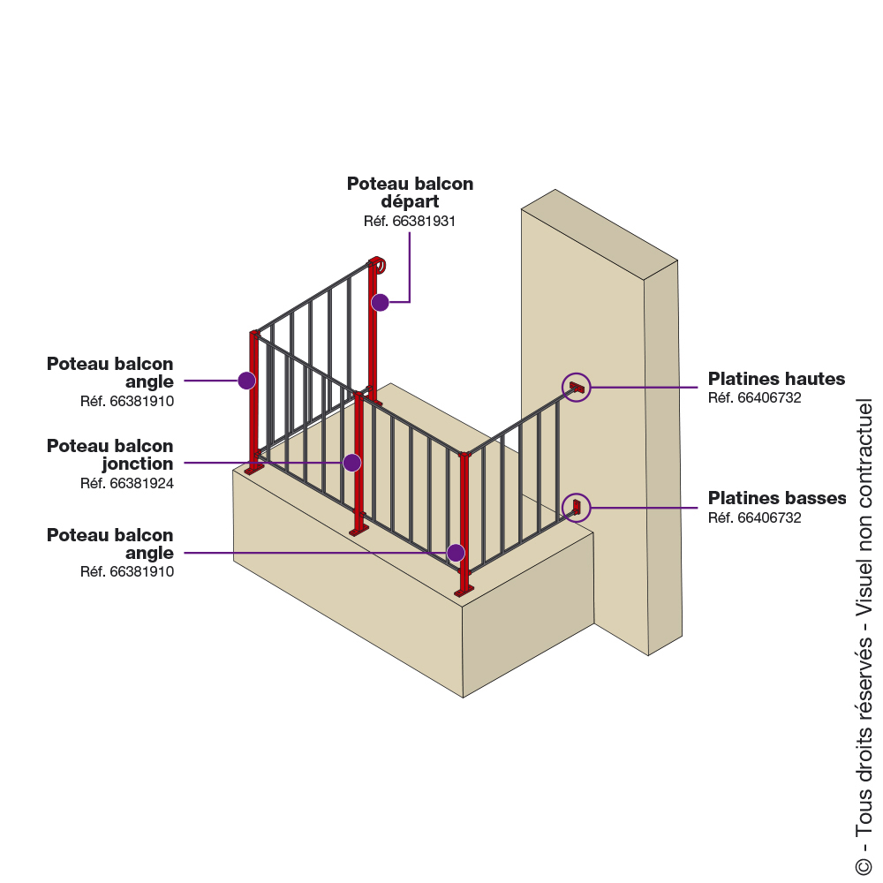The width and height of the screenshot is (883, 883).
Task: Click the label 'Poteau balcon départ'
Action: click(410, 192)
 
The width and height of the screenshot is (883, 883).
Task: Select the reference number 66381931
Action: click(410, 222)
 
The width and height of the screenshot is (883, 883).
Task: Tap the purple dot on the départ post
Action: click(380, 303)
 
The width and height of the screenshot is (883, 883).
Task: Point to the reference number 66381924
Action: click(127, 483)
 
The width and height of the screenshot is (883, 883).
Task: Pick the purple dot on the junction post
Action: click(352, 462)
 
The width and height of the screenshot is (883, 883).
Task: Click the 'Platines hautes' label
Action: click(776, 379)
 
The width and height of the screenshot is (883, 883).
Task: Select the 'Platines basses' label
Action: click(777, 498)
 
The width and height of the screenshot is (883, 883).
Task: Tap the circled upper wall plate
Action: click(577, 387)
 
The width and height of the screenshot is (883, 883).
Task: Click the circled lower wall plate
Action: click(577, 506)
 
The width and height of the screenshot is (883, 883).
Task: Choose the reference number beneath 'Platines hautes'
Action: click(754, 398)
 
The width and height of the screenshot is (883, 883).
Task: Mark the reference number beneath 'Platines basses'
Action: click(754, 517)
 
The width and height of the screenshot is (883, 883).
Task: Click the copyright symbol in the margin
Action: click(863, 864)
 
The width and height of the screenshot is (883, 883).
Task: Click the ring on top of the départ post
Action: click(379, 263)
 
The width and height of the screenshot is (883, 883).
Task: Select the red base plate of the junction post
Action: click(358, 530)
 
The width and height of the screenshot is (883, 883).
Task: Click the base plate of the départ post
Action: click(374, 402)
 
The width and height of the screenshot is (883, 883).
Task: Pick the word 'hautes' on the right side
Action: click(811, 379)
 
